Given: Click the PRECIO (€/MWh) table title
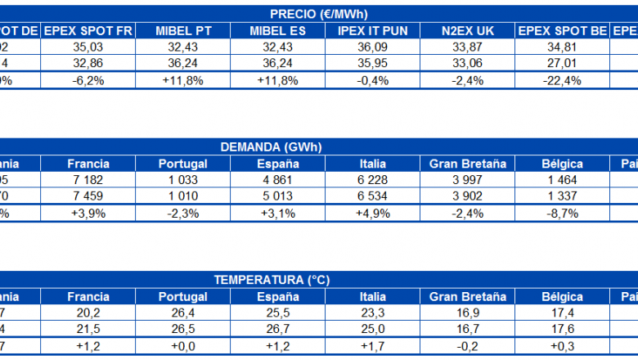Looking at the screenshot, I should click(318, 14).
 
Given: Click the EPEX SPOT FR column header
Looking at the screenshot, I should click(88, 30).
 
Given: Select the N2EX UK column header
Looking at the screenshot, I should click(466, 30).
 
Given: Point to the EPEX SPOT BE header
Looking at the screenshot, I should click(563, 30).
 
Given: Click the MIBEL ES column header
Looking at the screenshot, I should click(279, 30).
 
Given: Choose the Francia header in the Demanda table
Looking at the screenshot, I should click(88, 164).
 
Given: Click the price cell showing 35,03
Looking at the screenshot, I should click(88, 47).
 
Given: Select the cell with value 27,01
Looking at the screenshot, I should click(563, 63).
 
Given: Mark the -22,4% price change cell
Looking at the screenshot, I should click(563, 79).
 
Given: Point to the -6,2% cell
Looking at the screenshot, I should click(88, 79).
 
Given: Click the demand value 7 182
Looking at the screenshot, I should click(88, 180).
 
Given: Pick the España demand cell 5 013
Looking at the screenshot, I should click(279, 196).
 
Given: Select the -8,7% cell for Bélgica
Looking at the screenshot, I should click(563, 213).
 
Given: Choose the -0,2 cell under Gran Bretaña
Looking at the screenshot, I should click(466, 345).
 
